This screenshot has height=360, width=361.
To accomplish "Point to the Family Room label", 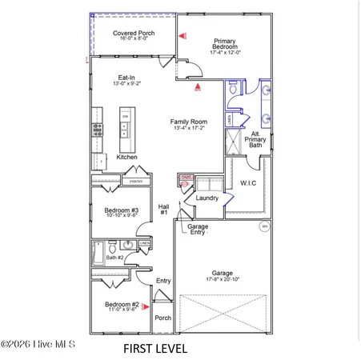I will pos(188,122).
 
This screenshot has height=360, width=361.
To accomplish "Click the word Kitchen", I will pos(127,158).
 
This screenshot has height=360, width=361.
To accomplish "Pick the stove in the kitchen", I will pos(98,127).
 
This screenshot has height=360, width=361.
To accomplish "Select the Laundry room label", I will pos(207,198).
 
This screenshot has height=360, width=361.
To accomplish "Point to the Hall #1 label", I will pos(163,209).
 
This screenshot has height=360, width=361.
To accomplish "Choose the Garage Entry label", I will pos(199,230).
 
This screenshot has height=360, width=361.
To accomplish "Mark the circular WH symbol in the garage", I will pos(265,226).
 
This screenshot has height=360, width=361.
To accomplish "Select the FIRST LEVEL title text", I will pos(155,349).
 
